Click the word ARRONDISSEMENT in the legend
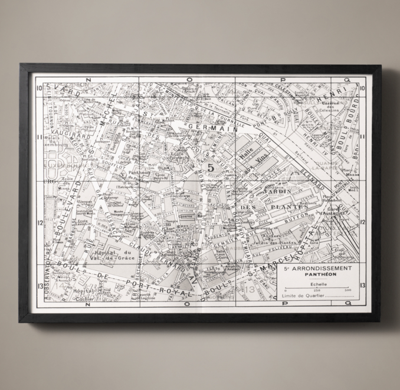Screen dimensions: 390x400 [x=323, y=268]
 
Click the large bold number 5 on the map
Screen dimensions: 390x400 [x=211, y=168]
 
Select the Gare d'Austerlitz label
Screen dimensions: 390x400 [x=340, y=210]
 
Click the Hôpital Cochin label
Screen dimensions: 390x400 [x=87, y=293]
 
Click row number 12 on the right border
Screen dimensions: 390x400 [x=362, y=222]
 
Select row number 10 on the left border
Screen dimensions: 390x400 [x=38, y=89]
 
